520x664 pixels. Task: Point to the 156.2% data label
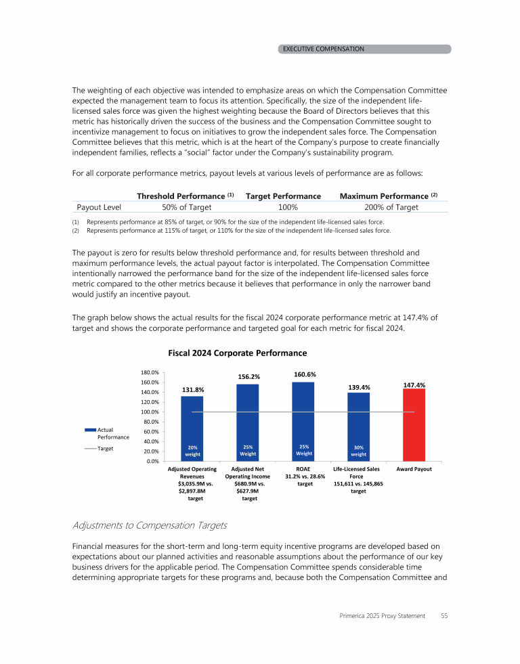tap(248, 376)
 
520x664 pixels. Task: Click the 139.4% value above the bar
tap(359, 387)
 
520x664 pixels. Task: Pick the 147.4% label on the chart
tap(414, 384)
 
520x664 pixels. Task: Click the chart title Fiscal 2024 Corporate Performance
tap(237, 353)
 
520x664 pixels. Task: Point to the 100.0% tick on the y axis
tap(150, 412)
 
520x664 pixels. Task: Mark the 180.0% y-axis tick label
tap(150, 372)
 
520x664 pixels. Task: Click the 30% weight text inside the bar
tap(359, 451)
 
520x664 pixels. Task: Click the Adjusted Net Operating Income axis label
tap(248, 472)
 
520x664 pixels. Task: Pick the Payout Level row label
tap(99, 207)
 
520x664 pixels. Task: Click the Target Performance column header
tap(283, 196)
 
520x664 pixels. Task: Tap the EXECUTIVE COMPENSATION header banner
tap(323, 49)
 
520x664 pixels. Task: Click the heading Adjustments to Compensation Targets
tap(149, 525)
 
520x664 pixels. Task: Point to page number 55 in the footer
tap(444, 616)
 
